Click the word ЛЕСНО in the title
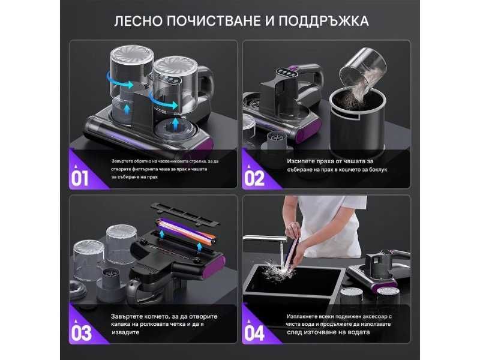tap(139, 20)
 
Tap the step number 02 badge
tap(255, 178)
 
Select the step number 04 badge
tap(255, 332)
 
